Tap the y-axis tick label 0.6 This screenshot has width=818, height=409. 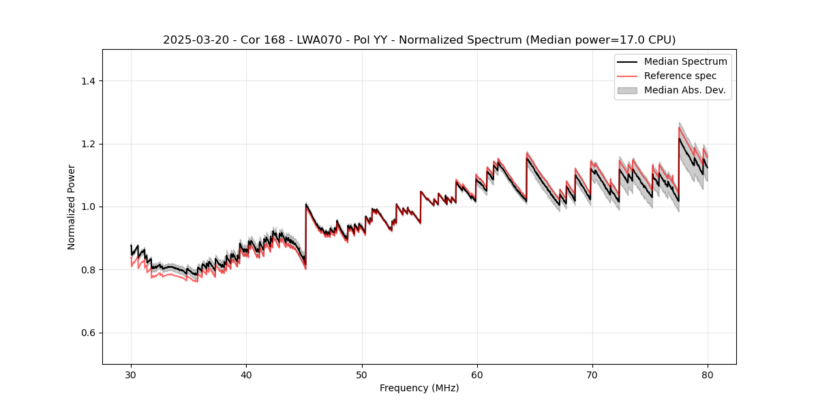point(89,333)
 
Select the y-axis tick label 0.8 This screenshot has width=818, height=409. point(89,270)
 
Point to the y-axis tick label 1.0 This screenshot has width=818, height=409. point(89,207)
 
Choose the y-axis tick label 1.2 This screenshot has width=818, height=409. point(89,144)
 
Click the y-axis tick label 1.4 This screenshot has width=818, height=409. point(89,81)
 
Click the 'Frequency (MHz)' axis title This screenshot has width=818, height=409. point(419,388)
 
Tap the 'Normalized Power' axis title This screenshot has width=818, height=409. point(72,207)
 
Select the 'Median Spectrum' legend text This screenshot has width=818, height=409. point(685,61)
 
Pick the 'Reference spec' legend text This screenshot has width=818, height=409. point(680,76)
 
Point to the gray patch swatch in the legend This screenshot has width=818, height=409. point(627,90)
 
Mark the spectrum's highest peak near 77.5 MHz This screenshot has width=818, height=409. point(680,139)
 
